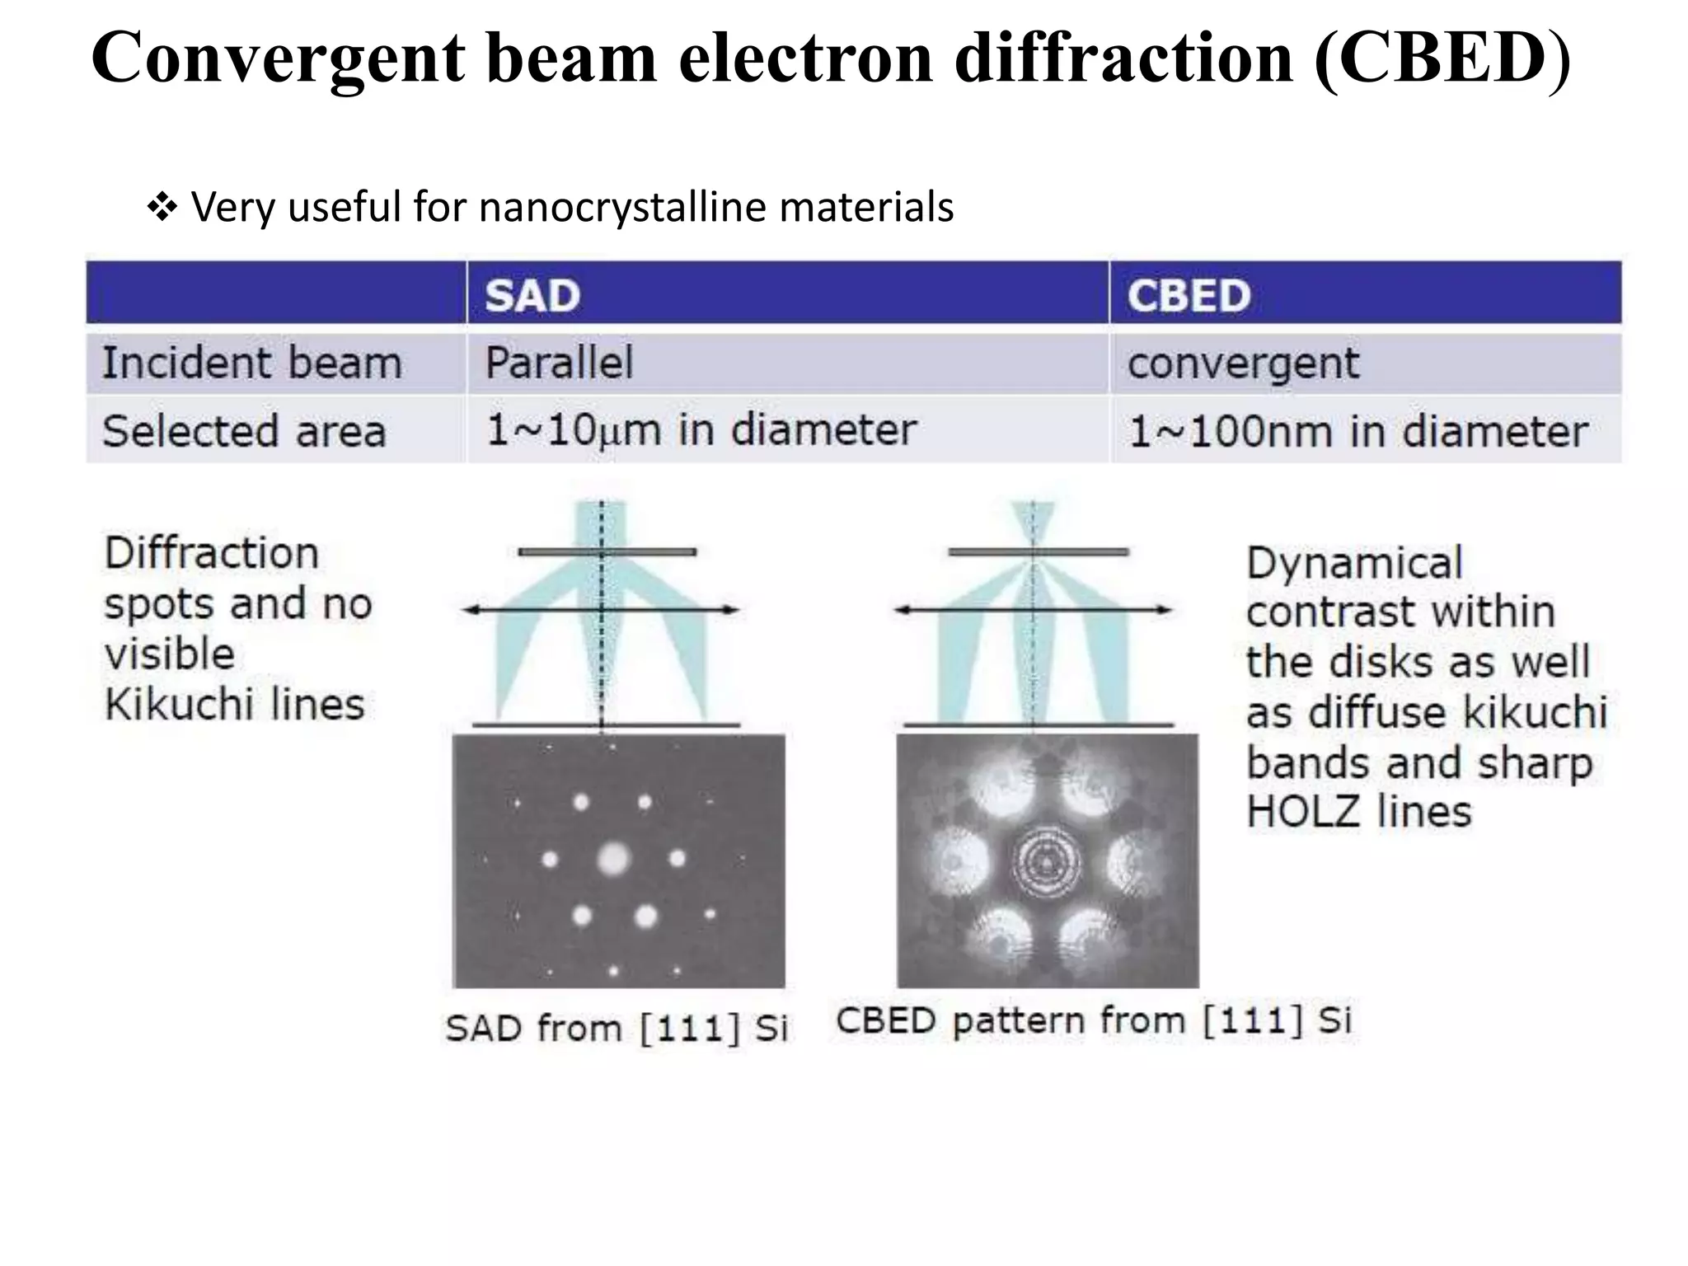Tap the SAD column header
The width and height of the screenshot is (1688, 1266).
[x=532, y=295]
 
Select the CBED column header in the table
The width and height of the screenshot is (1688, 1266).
[x=1189, y=295]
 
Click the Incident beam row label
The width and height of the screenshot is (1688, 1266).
[x=252, y=363]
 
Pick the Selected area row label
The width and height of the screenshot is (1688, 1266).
[x=244, y=431]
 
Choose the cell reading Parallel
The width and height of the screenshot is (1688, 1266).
[x=559, y=363]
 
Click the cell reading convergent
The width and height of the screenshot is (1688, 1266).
[x=1243, y=363]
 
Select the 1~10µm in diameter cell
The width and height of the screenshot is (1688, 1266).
[x=701, y=430]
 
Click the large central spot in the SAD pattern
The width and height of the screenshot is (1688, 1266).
[x=612, y=860]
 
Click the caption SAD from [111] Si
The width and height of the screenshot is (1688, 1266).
[x=617, y=1028]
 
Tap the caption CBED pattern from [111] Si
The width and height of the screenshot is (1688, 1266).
[x=1094, y=1020]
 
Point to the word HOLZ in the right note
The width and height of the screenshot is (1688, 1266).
[x=1301, y=813]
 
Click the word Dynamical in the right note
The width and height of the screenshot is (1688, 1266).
[x=1354, y=564]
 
